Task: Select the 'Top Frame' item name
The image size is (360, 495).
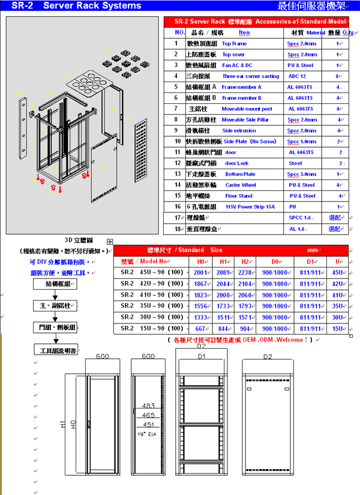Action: tap(234, 44)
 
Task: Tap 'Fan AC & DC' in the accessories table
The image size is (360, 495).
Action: tap(237, 65)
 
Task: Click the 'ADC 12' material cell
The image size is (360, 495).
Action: tap(297, 76)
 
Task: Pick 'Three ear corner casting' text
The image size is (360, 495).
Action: tap(250, 76)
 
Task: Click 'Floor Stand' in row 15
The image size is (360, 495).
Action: tap(238, 196)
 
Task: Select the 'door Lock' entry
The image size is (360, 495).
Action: tap(236, 163)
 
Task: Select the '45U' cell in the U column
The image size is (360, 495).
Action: tap(338, 272)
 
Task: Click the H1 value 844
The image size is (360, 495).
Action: tap(223, 329)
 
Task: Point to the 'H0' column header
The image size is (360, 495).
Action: tap(201, 262)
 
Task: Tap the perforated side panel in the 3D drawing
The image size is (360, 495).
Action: tap(140, 150)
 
